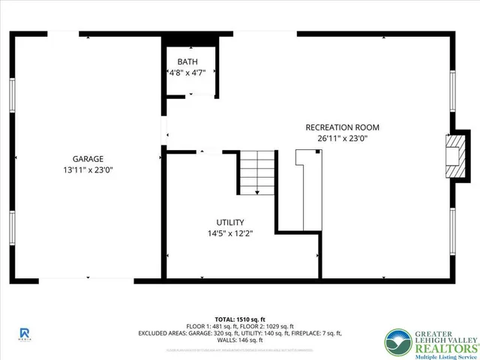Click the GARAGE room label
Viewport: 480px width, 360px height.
pyautogui.click(x=88, y=158)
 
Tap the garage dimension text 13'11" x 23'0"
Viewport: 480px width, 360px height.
pyautogui.click(x=88, y=169)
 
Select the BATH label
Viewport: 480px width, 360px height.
pyautogui.click(x=187, y=61)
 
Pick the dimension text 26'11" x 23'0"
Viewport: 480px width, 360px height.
pyautogui.click(x=343, y=138)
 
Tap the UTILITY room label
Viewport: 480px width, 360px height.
pyautogui.click(x=230, y=222)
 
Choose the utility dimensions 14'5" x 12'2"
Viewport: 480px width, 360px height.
pyautogui.click(x=230, y=233)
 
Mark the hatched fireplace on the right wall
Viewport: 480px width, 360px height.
pyautogui.click(x=453, y=157)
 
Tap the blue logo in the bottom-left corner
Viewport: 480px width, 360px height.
pyautogui.click(x=25, y=333)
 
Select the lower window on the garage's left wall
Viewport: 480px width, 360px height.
pyautogui.click(x=12, y=230)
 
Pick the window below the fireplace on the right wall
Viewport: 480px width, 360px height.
pyautogui.click(x=452, y=230)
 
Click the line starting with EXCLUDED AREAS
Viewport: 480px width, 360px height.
pyautogui.click(x=239, y=333)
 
